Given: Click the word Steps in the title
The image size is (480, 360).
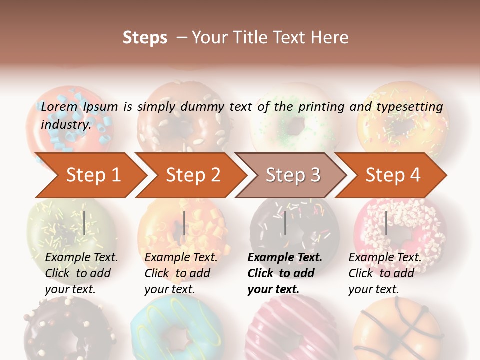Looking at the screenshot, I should [x=145, y=38].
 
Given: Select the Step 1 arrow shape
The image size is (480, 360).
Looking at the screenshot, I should [x=90, y=175].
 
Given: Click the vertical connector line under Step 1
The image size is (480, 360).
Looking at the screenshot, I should [x=84, y=223].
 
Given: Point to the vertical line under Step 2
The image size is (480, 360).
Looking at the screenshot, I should [x=184, y=223].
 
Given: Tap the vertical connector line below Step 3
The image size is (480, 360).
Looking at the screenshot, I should [x=285, y=223].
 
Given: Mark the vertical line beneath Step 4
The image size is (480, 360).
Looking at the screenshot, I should [x=386, y=223].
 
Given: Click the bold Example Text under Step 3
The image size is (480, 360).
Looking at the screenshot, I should [x=284, y=273].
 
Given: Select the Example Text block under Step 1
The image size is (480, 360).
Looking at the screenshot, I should [x=81, y=273].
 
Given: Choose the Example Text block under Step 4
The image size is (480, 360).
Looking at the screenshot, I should [x=384, y=273].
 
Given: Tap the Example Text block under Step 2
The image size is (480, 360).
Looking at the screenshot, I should [x=180, y=273].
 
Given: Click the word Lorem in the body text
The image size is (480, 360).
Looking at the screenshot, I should [x=59, y=107].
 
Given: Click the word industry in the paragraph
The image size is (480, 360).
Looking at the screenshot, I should [x=65, y=124].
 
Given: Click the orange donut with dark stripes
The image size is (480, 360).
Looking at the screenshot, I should [x=395, y=330].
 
